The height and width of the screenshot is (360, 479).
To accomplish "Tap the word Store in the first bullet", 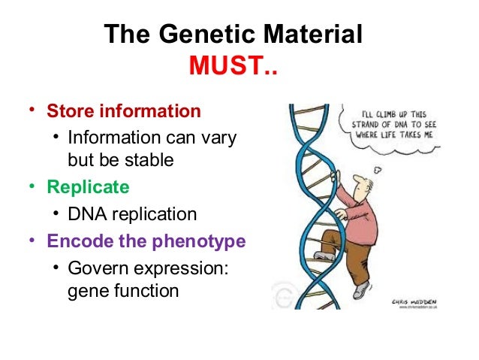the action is pyautogui.click(x=71, y=111).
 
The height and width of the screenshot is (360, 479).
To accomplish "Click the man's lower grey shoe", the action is pyautogui.click(x=362, y=289).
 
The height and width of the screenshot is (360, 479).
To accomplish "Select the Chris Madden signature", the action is pyautogui.click(x=415, y=301).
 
